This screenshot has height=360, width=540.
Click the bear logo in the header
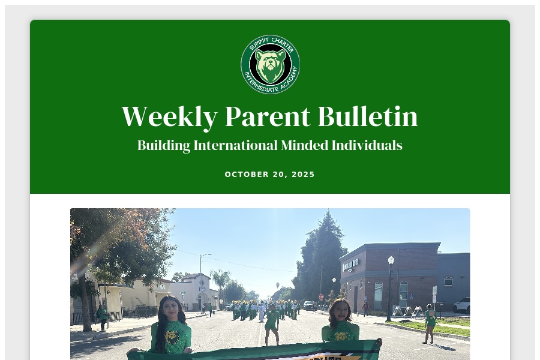270,64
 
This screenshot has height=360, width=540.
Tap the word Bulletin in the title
367,116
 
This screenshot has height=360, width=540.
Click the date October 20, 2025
270,175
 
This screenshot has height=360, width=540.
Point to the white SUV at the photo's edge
462,305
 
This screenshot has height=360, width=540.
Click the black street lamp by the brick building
391,288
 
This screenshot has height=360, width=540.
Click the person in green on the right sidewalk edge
430,324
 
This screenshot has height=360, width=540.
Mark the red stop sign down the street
321,297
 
